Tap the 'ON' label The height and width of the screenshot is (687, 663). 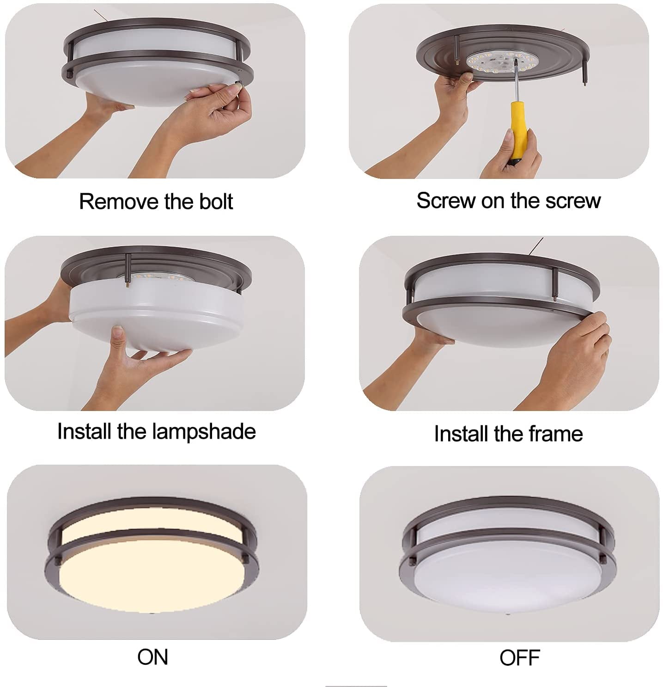(x=152, y=657)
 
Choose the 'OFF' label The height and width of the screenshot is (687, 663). (x=519, y=658)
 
